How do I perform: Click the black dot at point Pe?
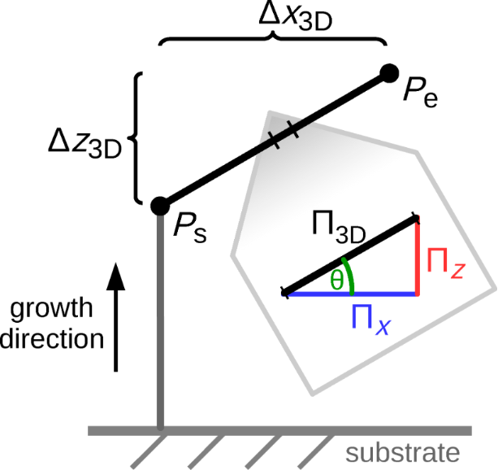(390, 74)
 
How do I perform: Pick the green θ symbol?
(336, 280)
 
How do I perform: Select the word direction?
(53, 337)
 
